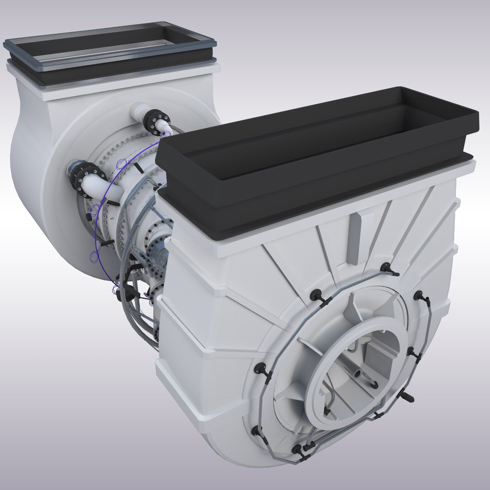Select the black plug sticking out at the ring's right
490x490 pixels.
tap(408, 397)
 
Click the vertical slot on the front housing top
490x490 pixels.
tap(356, 237)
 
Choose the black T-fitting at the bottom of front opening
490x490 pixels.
tap(327, 411)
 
